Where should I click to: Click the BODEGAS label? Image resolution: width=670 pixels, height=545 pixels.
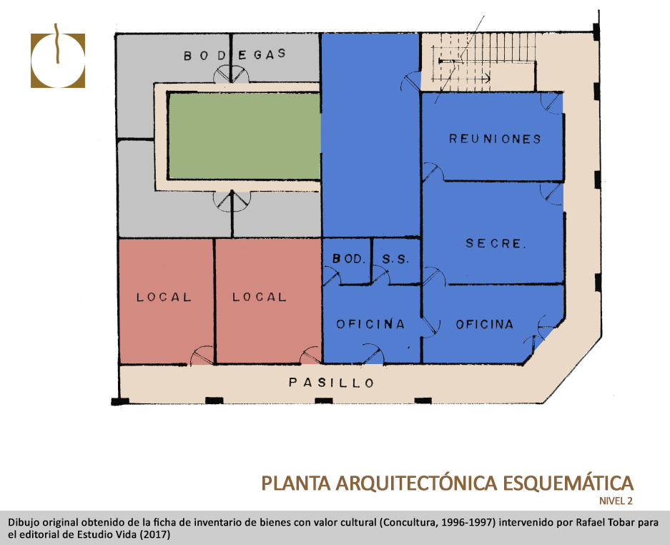pos(235,54)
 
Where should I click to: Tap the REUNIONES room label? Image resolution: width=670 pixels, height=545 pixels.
pos(496,139)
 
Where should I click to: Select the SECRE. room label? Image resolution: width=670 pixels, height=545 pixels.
pos(496,244)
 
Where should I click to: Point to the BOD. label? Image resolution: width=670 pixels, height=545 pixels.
pos(349,259)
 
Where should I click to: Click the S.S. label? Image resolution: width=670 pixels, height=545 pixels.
pos(395,259)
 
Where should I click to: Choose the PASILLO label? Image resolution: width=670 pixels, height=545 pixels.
pos(332,383)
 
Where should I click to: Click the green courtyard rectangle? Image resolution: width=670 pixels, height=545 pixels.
pos(245,136)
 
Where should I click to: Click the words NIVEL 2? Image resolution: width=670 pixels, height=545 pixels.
pos(616,501)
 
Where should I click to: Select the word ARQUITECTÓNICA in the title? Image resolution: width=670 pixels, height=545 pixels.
pos(416,483)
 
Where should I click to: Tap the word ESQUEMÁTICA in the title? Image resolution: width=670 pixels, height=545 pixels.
pos(568,483)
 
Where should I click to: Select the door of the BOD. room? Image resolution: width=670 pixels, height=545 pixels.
pos(332,275)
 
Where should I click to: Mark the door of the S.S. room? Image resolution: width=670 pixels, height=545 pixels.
pos(380,275)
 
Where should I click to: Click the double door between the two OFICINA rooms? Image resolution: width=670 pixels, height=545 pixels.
pos(430,327)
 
